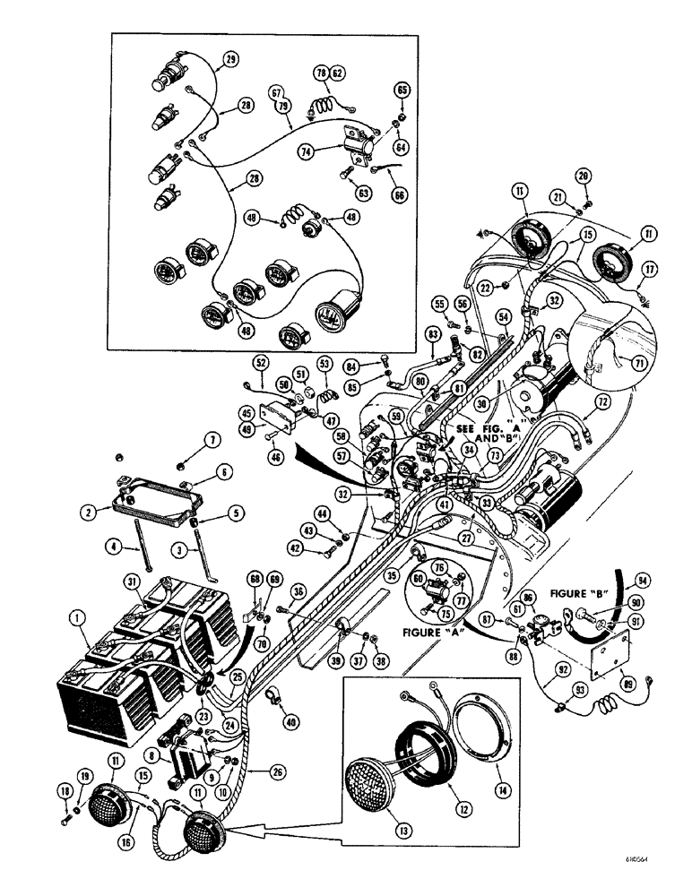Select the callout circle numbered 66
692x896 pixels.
click(x=400, y=193)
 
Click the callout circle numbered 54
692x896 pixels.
click(x=504, y=317)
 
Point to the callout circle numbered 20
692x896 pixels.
click(x=584, y=177)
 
